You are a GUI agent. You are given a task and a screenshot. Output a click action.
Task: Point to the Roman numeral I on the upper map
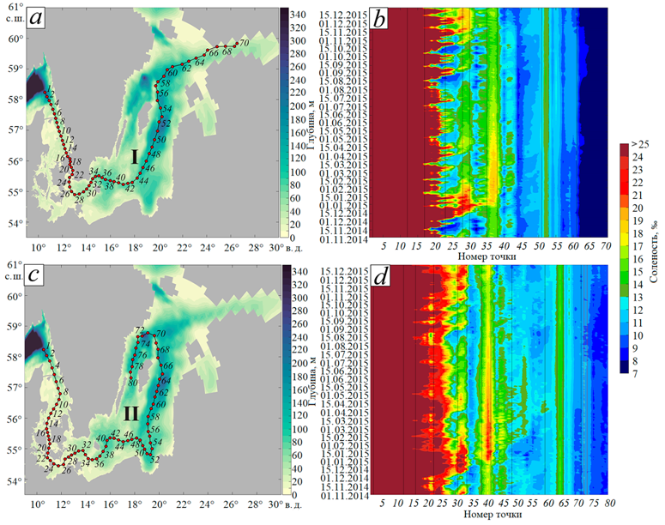(x=135, y=156)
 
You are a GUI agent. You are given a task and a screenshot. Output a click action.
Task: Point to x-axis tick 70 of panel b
(x=604, y=245)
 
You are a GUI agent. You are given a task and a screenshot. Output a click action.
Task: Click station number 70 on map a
(x=245, y=42)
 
